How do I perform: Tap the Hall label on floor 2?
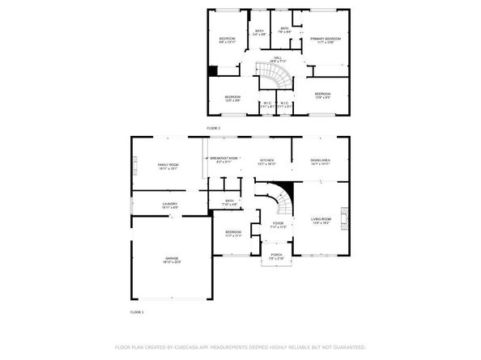(277, 57)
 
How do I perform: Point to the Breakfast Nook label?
(223, 159)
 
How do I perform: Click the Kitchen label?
(266, 160)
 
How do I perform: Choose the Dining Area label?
(321, 160)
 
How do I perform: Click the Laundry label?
(169, 204)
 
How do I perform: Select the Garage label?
(171, 260)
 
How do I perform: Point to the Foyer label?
(277, 224)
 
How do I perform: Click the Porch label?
(277, 256)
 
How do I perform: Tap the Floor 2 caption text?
(213, 128)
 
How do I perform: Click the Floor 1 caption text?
(137, 311)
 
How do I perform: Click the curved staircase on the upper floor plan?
(280, 79)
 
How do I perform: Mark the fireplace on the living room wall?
(345, 217)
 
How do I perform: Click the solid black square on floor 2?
(213, 71)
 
